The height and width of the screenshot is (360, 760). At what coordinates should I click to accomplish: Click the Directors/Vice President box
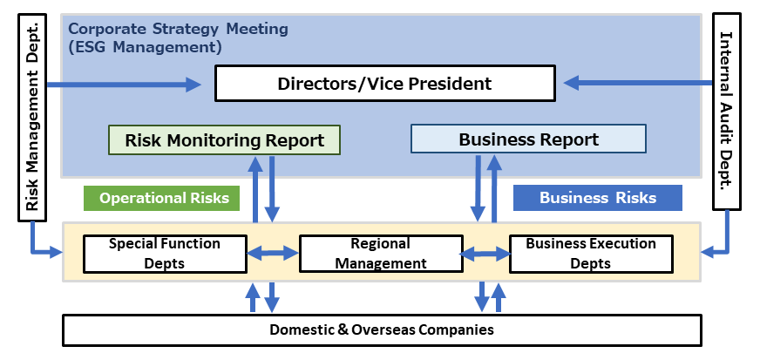click(384, 84)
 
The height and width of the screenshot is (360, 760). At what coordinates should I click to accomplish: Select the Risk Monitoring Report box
click(224, 139)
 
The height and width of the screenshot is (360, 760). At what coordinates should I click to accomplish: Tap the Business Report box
click(528, 139)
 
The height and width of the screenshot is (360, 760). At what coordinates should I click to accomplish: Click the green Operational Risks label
click(163, 198)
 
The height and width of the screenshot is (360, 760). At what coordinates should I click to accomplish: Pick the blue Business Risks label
click(597, 198)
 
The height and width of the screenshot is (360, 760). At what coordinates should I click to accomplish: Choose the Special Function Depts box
click(164, 253)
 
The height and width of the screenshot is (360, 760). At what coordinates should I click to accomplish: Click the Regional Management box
click(381, 253)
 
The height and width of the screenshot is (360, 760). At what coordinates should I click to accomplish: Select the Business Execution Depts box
click(590, 253)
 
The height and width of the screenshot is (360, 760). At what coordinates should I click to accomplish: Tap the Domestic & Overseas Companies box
click(382, 329)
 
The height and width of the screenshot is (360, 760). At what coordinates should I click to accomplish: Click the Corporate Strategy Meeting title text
click(178, 29)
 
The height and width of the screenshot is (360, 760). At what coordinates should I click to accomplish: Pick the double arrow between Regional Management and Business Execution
click(485, 254)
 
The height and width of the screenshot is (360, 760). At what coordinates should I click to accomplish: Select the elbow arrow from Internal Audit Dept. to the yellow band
click(720, 247)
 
